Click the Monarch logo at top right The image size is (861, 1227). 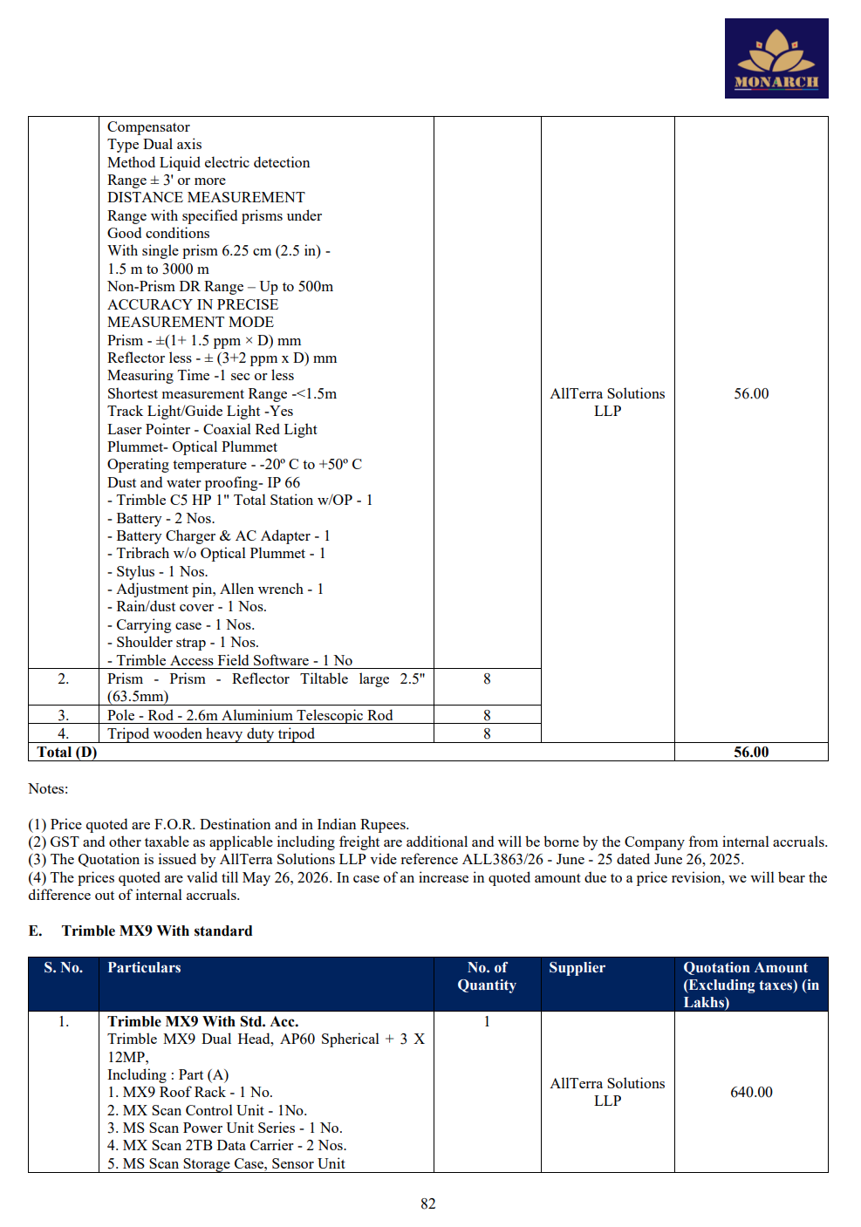pyautogui.click(x=776, y=58)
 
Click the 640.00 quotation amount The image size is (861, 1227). pyautogui.click(x=751, y=1092)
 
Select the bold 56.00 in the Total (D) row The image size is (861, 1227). pyautogui.click(x=751, y=752)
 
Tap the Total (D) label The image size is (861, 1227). pyautogui.click(x=67, y=752)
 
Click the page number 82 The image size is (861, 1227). pyautogui.click(x=427, y=1203)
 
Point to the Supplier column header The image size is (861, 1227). pyautogui.click(x=577, y=968)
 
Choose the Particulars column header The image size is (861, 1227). pyautogui.click(x=144, y=968)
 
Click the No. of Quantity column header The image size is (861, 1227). pyautogui.click(x=487, y=976)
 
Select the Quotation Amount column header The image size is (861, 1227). pyautogui.click(x=750, y=985)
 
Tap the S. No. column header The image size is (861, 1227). pyautogui.click(x=64, y=968)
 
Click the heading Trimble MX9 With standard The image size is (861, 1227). pyautogui.click(x=157, y=930)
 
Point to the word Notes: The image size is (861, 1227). pyautogui.click(x=48, y=788)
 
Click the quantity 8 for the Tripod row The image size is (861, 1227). pyautogui.click(x=487, y=733)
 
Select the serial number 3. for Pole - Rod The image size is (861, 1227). pyautogui.click(x=64, y=715)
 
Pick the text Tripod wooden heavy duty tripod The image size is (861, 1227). pyautogui.click(x=211, y=733)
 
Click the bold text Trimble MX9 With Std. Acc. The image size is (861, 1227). pyautogui.click(x=202, y=1021)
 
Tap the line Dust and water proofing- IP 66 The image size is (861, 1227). pyautogui.click(x=203, y=482)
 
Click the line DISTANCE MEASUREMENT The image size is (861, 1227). pyautogui.click(x=206, y=197)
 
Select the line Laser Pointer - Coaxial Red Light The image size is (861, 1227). pyautogui.click(x=212, y=429)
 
